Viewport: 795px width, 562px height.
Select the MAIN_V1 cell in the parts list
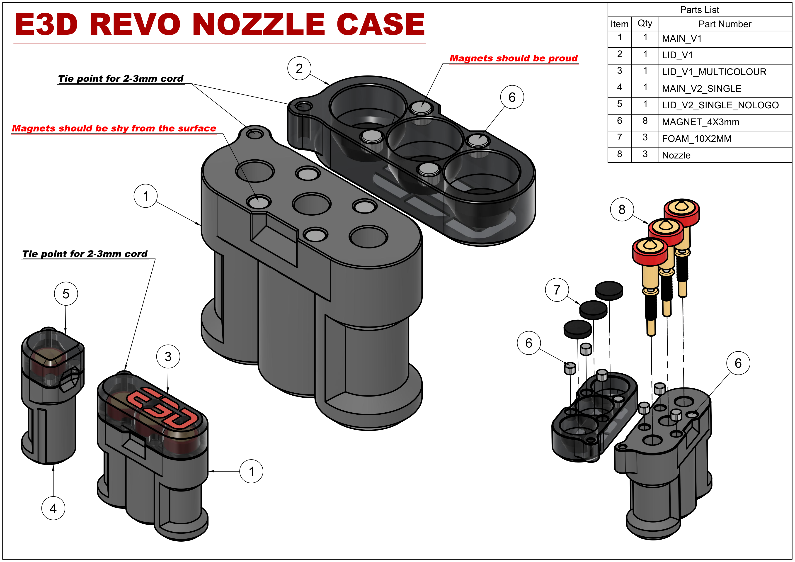[x=725, y=39]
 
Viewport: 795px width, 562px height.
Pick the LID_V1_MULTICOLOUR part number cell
[x=725, y=72]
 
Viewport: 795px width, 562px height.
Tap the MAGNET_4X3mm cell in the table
[x=725, y=122]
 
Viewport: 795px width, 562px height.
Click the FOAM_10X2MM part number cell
[x=725, y=139]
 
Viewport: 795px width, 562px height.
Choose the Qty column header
[x=645, y=24]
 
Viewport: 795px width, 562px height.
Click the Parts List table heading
[x=699, y=10]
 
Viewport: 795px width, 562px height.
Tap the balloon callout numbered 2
[x=299, y=68]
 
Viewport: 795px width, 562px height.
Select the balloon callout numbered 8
[x=622, y=209]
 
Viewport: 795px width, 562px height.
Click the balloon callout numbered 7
[x=557, y=290]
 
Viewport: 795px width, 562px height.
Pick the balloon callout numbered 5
[x=66, y=294]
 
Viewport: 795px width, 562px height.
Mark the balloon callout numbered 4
[x=53, y=508]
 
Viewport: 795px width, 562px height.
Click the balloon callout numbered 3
[x=168, y=356]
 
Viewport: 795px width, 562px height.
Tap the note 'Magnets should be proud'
[x=514, y=58]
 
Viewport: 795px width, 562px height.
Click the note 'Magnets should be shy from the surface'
[x=114, y=129]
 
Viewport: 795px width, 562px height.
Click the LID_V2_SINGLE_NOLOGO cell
[x=725, y=105]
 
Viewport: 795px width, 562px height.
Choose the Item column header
[x=619, y=24]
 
